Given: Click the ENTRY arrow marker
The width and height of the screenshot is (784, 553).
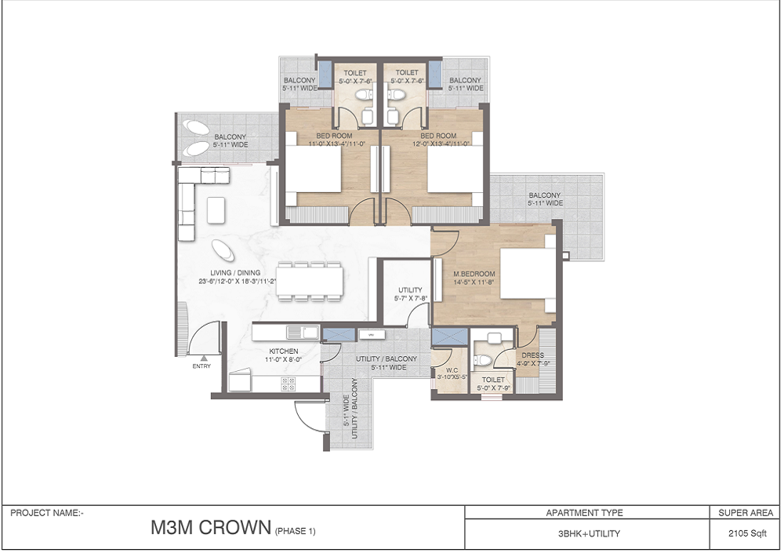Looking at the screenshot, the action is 204,358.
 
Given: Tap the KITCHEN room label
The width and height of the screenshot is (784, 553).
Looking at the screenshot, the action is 284,351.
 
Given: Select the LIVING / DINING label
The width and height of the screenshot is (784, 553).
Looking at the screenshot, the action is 235,273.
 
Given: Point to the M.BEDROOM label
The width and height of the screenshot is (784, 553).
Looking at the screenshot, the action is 474,274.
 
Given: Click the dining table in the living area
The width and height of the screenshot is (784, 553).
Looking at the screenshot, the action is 310,282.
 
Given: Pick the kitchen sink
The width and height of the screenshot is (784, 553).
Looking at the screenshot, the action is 303,331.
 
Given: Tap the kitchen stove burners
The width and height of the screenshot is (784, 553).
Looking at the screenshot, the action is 288,384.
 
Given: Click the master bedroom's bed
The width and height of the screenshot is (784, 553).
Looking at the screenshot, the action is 528,274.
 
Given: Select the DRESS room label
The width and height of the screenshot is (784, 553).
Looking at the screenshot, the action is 532,355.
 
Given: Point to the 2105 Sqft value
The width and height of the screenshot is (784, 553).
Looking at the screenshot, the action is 747,533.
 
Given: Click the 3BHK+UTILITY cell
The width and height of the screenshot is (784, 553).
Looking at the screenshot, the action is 589,533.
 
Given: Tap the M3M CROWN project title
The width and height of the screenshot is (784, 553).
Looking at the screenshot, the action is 210,527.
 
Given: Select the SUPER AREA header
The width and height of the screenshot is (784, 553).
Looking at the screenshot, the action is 746,512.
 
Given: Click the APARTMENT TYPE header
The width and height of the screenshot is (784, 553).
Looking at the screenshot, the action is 585,512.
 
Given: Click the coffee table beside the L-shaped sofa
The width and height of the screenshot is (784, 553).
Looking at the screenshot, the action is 216,210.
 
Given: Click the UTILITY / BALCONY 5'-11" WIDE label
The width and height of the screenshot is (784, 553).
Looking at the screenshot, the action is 387,363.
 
